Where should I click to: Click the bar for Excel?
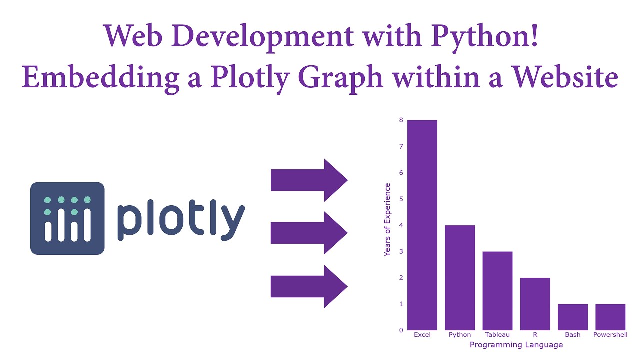coord(422,225)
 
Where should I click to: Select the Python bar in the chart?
coord(460,278)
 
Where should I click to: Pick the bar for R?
coord(535,304)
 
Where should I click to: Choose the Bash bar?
coord(573,317)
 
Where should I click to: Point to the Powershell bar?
coord(610,317)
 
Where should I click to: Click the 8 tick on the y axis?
coord(401,120)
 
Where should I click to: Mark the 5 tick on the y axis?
coord(401,199)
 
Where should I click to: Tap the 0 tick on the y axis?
coord(401,330)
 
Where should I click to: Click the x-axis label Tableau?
coord(497,335)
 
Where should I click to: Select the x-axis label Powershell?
coord(610,335)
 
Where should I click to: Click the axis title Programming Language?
coord(516,345)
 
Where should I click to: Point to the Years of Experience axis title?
coord(387,220)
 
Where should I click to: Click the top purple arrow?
coord(309,180)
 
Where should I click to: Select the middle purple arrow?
coord(309,233)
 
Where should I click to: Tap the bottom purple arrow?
coord(309,286)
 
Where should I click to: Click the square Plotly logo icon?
coord(67,218)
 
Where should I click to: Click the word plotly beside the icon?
coord(181,220)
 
